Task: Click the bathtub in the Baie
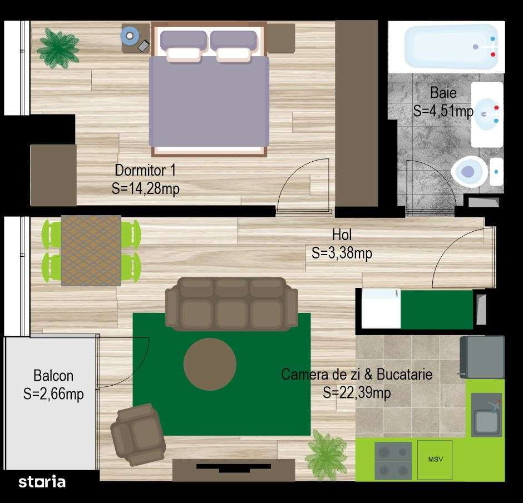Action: click(x=451, y=47)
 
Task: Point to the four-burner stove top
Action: click(x=393, y=460)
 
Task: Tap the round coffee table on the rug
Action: click(x=210, y=364)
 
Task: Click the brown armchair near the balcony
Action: click(x=137, y=434)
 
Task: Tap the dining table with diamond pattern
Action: click(x=91, y=250)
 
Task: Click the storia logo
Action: click(x=42, y=481)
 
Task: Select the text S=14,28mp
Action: click(x=145, y=188)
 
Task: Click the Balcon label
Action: click(x=53, y=376)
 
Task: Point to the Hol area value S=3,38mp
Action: click(x=342, y=253)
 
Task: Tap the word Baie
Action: click(x=443, y=93)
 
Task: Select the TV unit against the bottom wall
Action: click(x=233, y=470)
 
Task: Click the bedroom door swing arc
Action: click(x=300, y=178)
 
